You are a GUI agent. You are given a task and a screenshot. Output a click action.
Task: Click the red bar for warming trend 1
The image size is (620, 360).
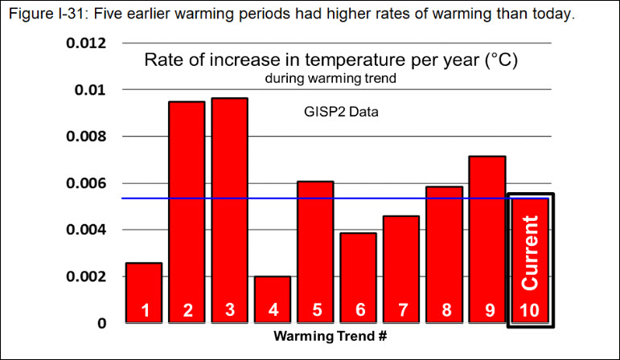(143, 292)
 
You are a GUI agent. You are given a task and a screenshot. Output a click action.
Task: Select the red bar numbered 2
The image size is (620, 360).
(187, 212)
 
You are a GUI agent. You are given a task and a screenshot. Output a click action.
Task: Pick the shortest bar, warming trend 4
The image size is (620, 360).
(273, 299)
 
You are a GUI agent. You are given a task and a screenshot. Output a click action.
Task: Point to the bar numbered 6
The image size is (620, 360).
(359, 278)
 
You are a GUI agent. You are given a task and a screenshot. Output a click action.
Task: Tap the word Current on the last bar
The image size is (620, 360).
(531, 252)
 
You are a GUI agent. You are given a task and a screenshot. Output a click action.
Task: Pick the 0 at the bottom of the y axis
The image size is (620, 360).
(101, 323)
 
